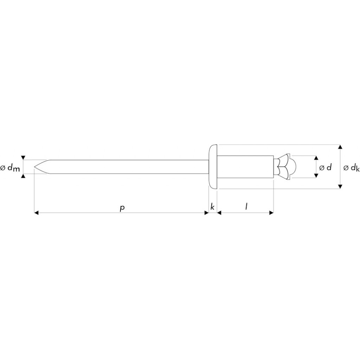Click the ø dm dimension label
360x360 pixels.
[x=10, y=168]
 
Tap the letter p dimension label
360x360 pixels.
[x=122, y=208]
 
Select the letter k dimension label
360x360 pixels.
[x=212, y=207]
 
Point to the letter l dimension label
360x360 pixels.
[x=246, y=207]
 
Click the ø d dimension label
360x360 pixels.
[x=325, y=167]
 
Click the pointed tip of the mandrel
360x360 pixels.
[x=34, y=167]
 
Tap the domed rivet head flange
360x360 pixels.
[x=213, y=167]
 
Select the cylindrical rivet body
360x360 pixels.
[x=245, y=167]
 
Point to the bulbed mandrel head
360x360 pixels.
[x=285, y=167]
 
